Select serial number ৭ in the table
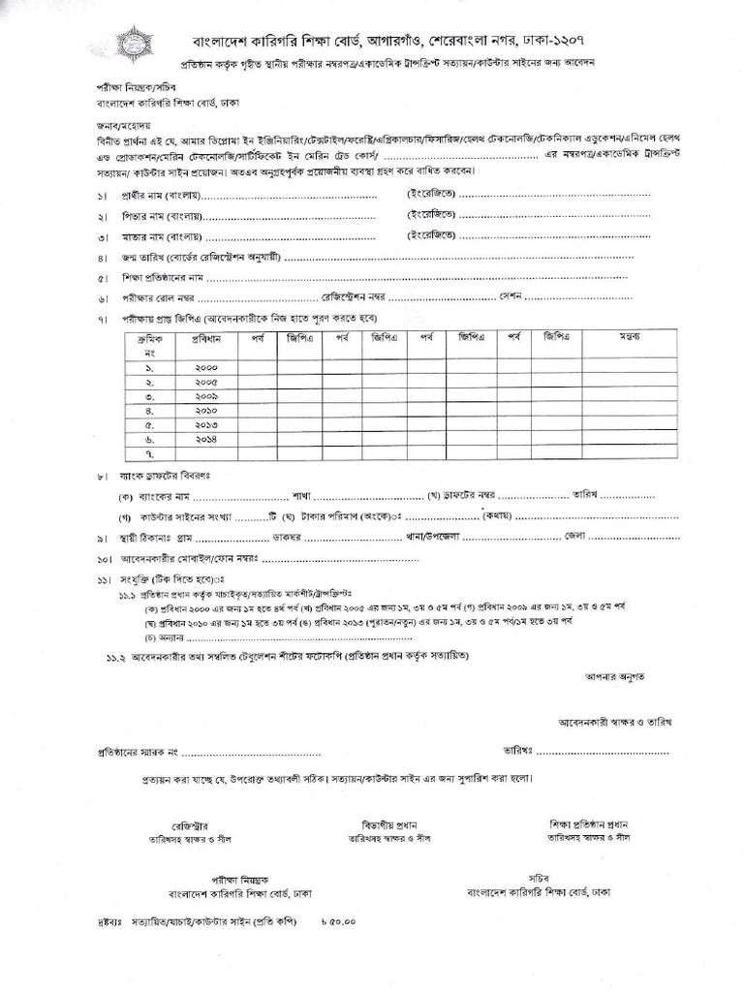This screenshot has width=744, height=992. point(150,452)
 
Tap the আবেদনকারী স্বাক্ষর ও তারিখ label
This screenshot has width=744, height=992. point(615,723)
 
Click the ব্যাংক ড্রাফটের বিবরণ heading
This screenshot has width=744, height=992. point(167,477)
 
